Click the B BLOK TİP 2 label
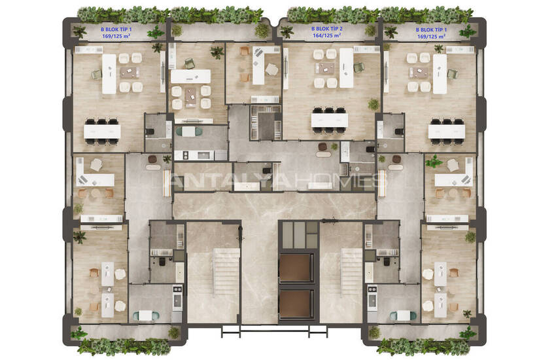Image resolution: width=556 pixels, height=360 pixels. (326, 28)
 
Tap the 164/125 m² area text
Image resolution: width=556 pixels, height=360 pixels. (326, 35)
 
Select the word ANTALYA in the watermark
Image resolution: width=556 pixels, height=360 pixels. (230, 181)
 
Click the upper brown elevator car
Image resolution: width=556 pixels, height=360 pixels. (296, 268)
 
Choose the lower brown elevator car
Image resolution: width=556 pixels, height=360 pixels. (296, 304)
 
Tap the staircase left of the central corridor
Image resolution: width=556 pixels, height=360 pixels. (226, 272)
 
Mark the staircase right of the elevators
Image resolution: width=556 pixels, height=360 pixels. (351, 272)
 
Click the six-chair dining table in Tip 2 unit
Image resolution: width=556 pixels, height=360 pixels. (330, 120)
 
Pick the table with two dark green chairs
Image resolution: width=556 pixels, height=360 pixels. (188, 132)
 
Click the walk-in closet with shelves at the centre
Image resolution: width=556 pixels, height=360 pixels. (266, 122)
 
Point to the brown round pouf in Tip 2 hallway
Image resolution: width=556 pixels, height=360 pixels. (322, 147)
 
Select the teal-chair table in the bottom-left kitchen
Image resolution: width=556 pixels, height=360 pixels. (146, 315)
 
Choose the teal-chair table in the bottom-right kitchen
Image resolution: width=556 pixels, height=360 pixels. (403, 315)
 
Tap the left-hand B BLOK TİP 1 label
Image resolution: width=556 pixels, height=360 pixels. (116, 29)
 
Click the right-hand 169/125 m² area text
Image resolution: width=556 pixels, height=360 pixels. (431, 36)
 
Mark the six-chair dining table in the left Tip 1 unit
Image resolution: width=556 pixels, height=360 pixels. (102, 132)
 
